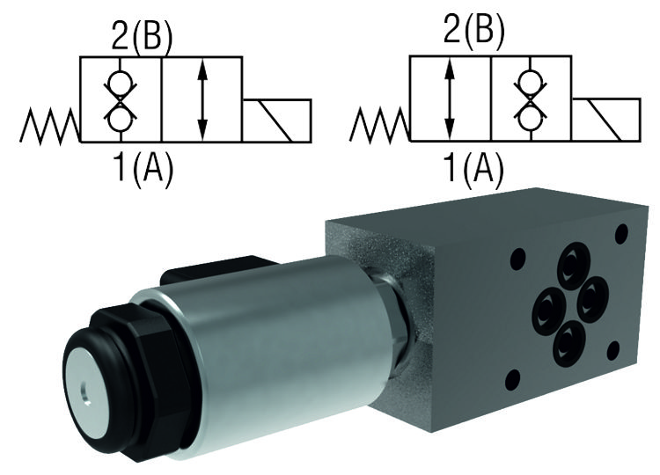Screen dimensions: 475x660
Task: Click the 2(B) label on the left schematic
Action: [142, 35]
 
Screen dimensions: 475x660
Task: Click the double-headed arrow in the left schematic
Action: [203, 99]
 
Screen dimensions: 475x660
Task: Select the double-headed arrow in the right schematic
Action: [450, 99]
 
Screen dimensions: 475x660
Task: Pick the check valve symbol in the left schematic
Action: [120, 99]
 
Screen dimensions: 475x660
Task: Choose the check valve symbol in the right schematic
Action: [531, 99]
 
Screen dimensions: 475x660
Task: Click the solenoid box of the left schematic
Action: [277, 121]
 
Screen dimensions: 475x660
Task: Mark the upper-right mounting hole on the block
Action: [620, 233]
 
